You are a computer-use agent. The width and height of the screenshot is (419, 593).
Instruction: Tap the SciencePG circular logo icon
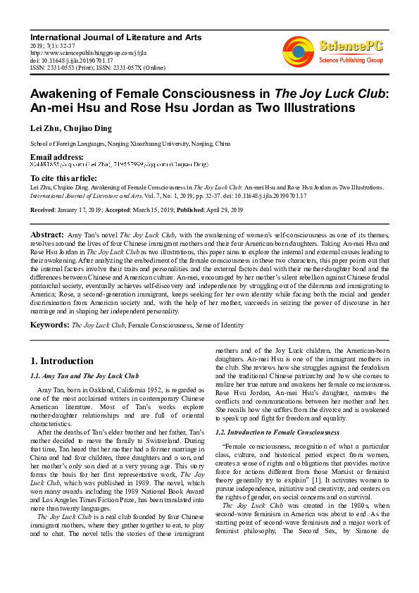click(x=299, y=51)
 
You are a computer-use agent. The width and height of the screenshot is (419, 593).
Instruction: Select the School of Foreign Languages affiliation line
click(x=130, y=144)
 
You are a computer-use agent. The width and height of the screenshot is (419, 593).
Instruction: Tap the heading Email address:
click(x=56, y=156)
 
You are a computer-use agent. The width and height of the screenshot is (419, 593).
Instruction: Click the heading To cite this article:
click(x=64, y=178)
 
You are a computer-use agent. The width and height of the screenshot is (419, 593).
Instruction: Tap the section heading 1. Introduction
click(x=62, y=361)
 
